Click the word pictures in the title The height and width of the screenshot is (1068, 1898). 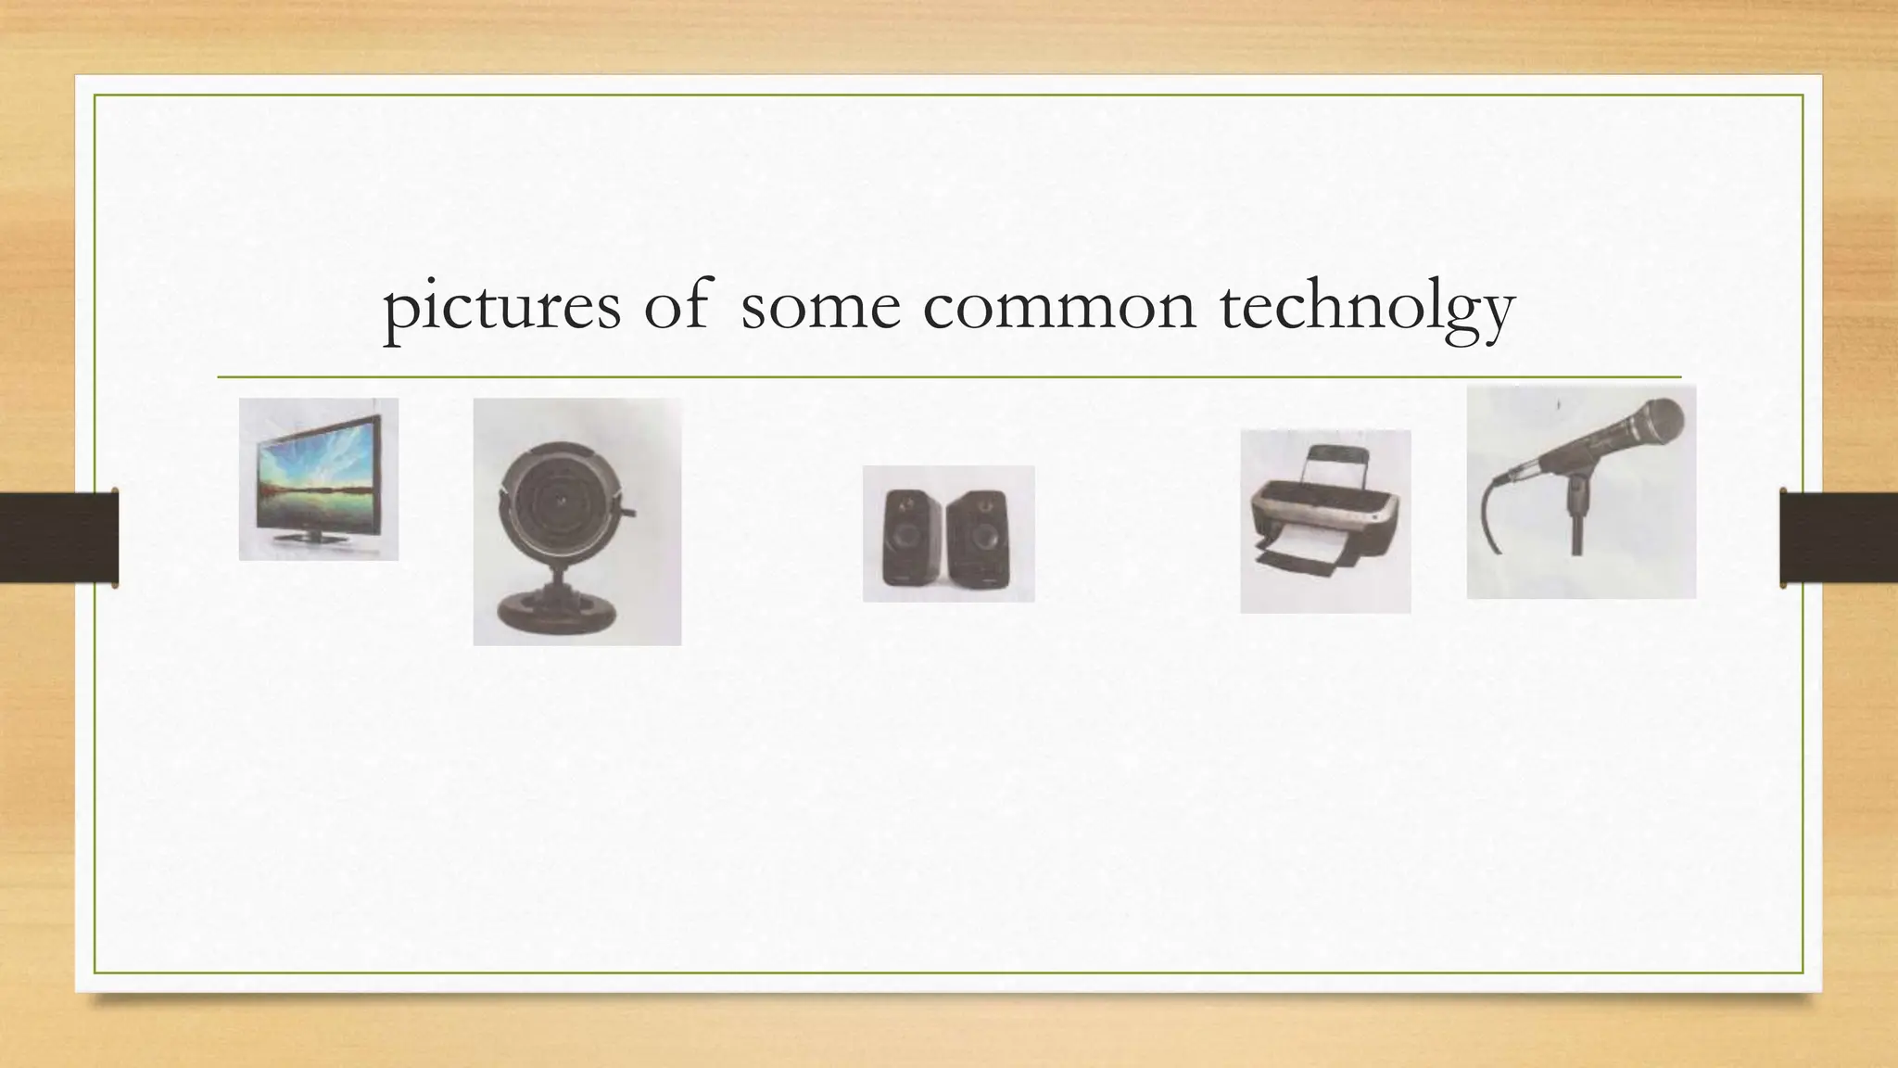[x=501, y=307]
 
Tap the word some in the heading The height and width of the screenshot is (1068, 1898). [x=820, y=307]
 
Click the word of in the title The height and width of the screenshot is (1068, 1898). [x=676, y=307]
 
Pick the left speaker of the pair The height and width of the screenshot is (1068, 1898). [x=904, y=537]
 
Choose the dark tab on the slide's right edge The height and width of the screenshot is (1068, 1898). [x=1839, y=538]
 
